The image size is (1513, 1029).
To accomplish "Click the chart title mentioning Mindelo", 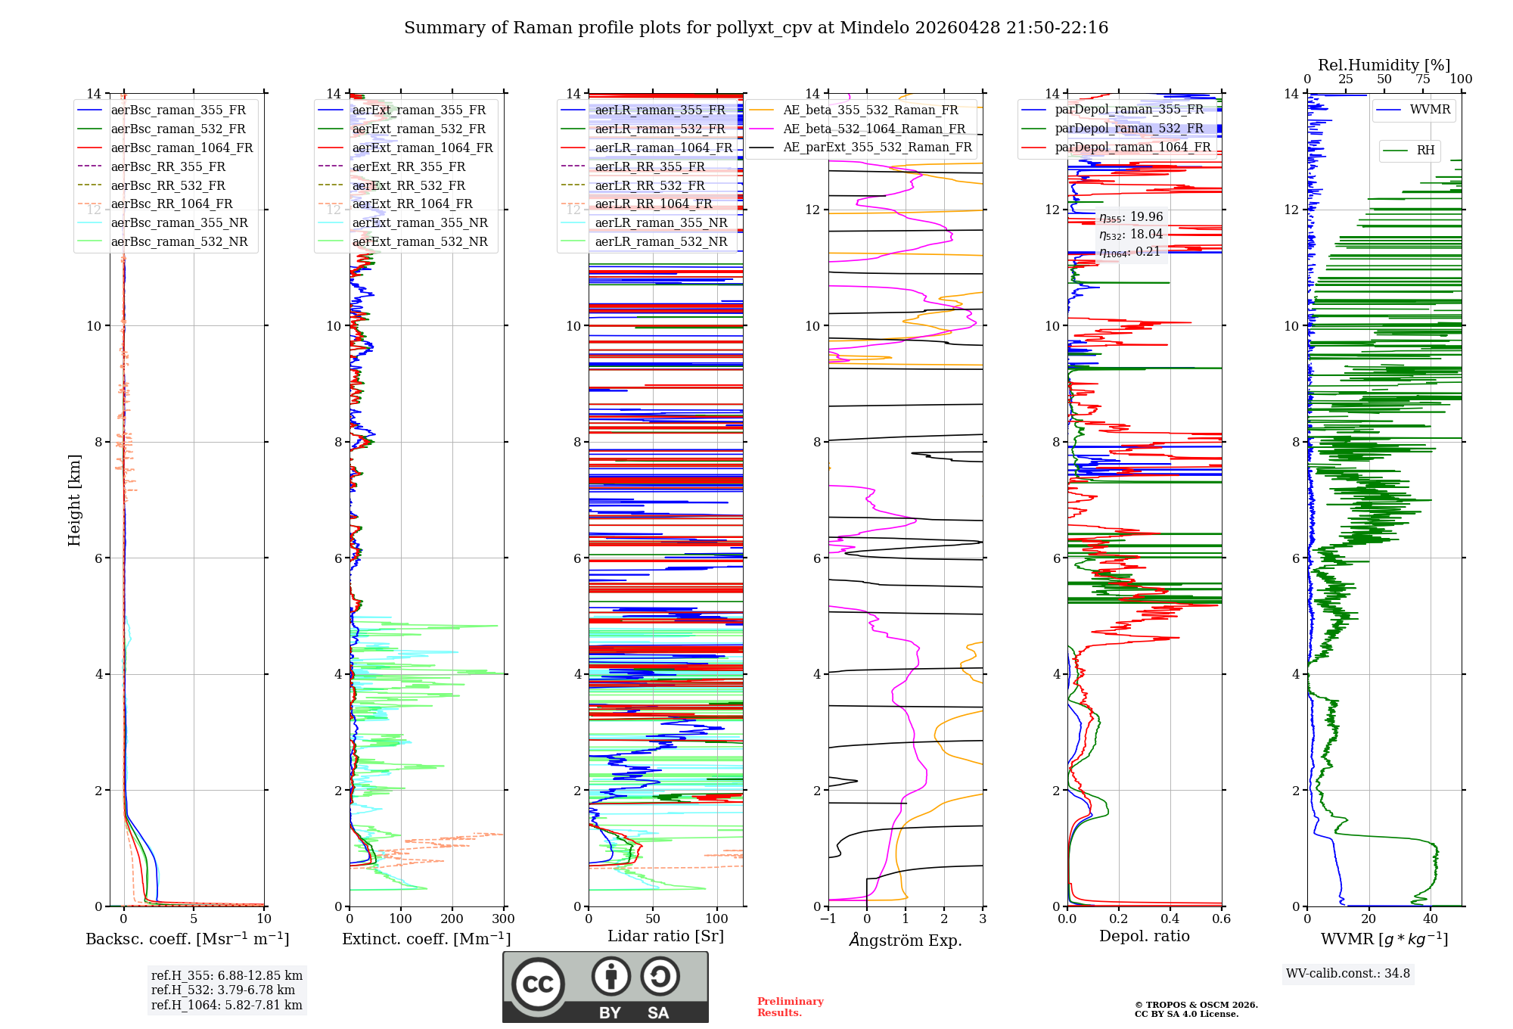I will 756,28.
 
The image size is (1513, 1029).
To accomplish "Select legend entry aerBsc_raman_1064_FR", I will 182,148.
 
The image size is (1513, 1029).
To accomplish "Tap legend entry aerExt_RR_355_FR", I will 409,166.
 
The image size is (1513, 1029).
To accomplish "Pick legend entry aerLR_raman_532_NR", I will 660,241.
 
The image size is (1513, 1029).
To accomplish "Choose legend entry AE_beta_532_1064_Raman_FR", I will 874,129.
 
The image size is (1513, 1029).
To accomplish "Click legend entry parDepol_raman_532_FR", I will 1129,128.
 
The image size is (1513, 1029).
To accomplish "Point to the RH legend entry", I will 1425,151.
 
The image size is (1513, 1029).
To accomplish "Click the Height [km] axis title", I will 74,499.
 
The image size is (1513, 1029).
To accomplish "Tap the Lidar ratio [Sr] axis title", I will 666,936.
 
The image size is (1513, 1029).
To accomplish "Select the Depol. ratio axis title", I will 1144,936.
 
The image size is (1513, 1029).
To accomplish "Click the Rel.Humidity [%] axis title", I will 1384,65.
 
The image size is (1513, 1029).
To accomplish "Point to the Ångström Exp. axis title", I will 905,940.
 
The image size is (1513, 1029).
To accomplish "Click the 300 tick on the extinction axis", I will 503,919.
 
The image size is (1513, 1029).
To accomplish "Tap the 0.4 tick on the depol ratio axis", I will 1170,919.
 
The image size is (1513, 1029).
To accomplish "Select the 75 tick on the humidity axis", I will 1422,79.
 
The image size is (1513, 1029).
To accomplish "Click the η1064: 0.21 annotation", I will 1129,252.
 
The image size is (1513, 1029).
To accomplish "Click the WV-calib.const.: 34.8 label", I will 1347,973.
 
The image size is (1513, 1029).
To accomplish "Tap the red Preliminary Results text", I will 790,1006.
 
